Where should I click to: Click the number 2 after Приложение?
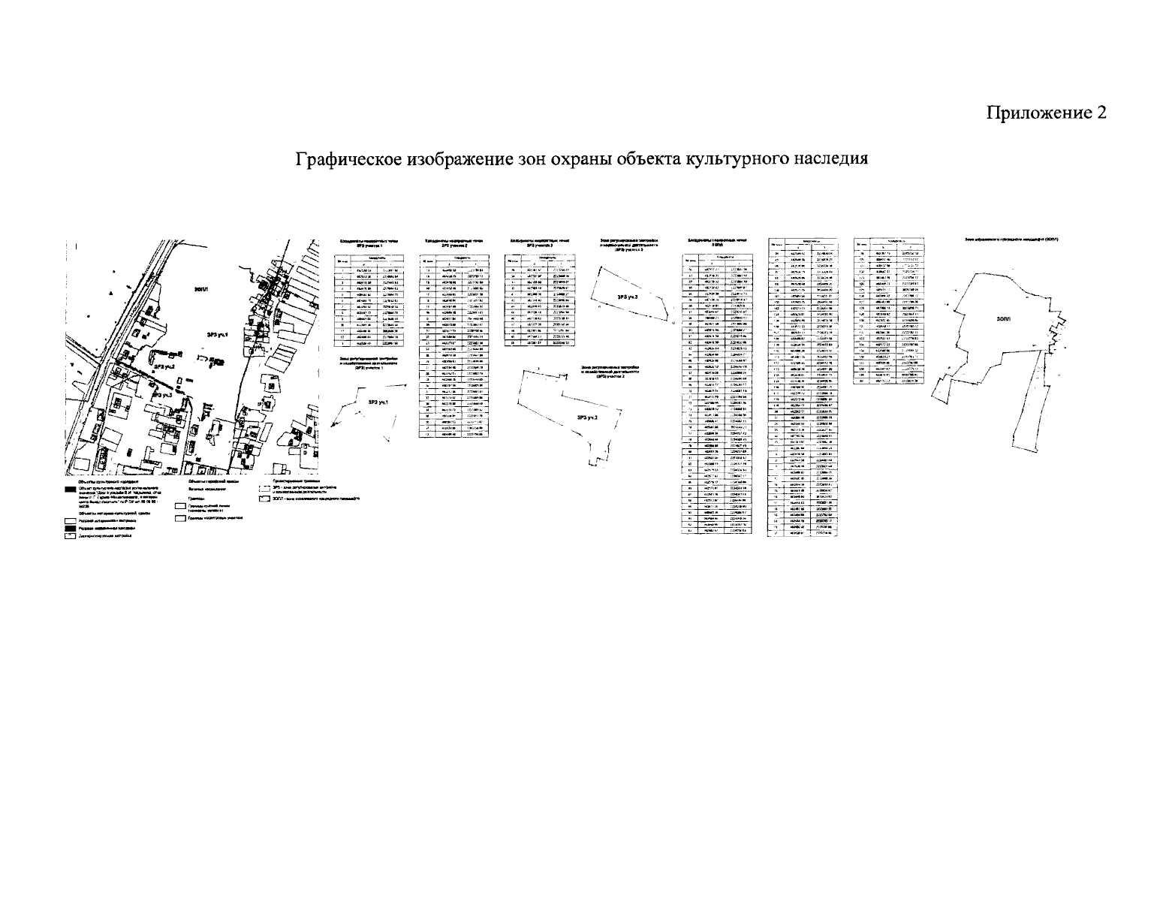coord(1101,113)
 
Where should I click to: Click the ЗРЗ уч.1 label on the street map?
coord(218,336)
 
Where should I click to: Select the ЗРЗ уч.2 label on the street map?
coord(164,367)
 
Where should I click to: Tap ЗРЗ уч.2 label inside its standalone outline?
coord(586,417)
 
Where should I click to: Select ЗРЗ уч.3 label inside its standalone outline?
coord(627,297)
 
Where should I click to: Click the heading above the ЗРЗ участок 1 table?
coord(366,243)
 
